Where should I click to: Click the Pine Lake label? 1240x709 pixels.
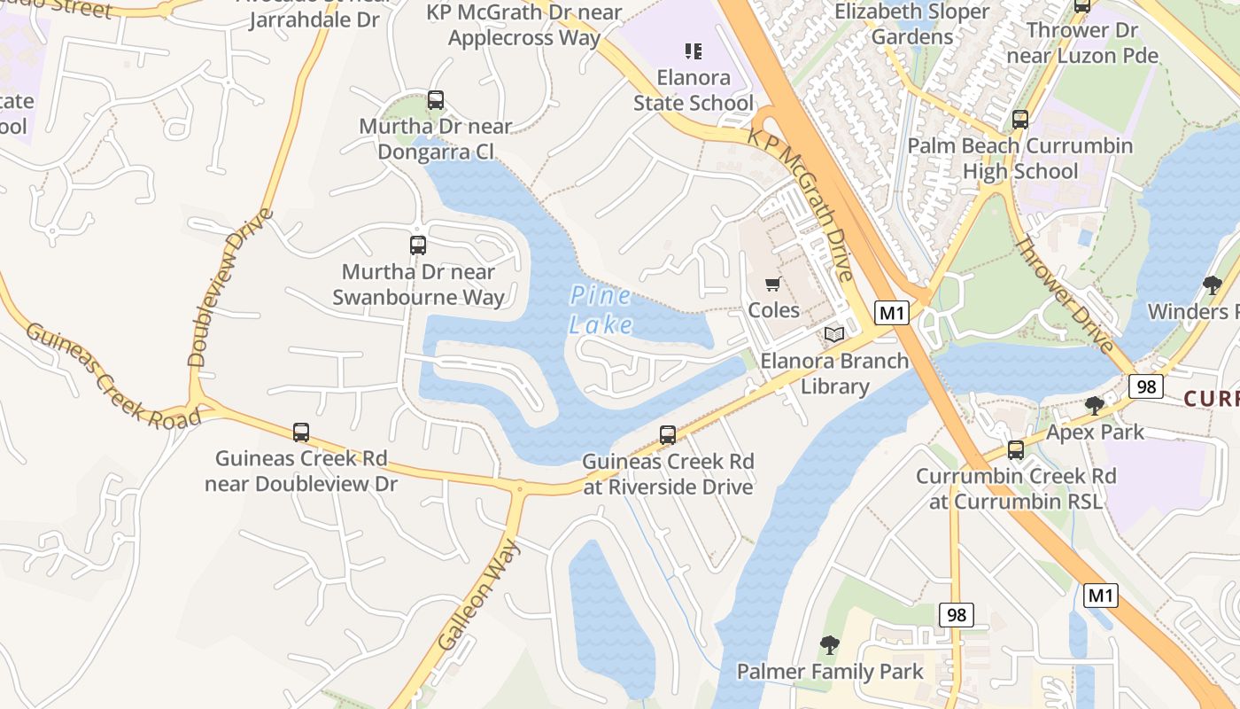pos(601,309)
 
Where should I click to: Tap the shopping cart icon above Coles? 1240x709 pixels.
pos(772,284)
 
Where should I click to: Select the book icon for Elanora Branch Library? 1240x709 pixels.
pos(833,334)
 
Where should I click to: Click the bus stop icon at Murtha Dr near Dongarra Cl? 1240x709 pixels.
pos(435,99)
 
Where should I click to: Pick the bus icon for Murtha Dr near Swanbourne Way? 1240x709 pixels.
pos(417,245)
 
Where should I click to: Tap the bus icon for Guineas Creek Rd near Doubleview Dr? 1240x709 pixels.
pos(301,432)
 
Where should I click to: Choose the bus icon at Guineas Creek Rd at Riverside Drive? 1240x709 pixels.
pos(668,435)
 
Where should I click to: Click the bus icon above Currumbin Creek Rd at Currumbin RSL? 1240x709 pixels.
pos(1015,449)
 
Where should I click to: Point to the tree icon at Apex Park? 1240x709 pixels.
pos(1095,406)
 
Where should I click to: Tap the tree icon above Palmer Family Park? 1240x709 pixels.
pos(829,644)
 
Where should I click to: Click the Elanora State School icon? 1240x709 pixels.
pos(693,51)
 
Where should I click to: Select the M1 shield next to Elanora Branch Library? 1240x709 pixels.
pos(893,312)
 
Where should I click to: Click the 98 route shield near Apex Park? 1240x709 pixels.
pos(1145,386)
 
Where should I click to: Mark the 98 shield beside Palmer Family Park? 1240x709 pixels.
pos(956,615)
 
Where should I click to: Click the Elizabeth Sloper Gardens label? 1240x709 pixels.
pos(912,24)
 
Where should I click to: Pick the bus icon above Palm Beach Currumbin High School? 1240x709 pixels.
pos(1019,119)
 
